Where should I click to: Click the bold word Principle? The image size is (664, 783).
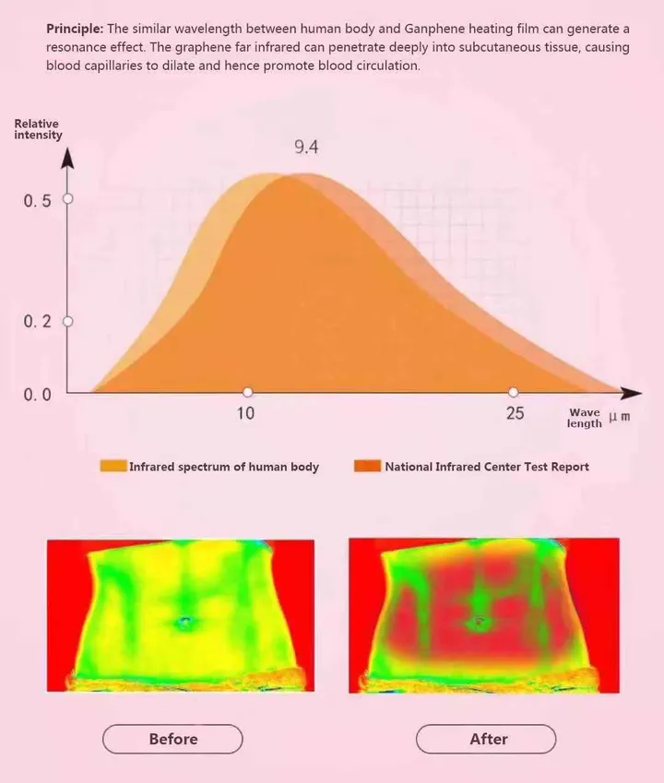[x=74, y=29]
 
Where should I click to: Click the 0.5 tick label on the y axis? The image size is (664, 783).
[x=37, y=201]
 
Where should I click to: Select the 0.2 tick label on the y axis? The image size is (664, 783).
[x=37, y=321]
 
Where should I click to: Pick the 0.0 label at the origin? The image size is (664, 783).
[x=37, y=395]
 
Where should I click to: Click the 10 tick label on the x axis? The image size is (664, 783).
[x=245, y=413]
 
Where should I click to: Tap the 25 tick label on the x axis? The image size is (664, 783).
[x=515, y=413]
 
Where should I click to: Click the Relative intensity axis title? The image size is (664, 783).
[x=38, y=129]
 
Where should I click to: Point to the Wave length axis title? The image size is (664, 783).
[x=584, y=418]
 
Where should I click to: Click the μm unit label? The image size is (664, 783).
[x=620, y=417]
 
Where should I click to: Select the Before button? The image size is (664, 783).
[x=172, y=739]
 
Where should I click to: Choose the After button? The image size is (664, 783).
[x=487, y=739]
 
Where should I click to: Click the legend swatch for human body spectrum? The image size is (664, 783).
[x=113, y=467]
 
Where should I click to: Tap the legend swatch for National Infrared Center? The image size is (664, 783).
[x=367, y=467]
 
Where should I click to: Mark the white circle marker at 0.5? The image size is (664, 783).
[x=66, y=198]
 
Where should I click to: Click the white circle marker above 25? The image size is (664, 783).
[x=514, y=392]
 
